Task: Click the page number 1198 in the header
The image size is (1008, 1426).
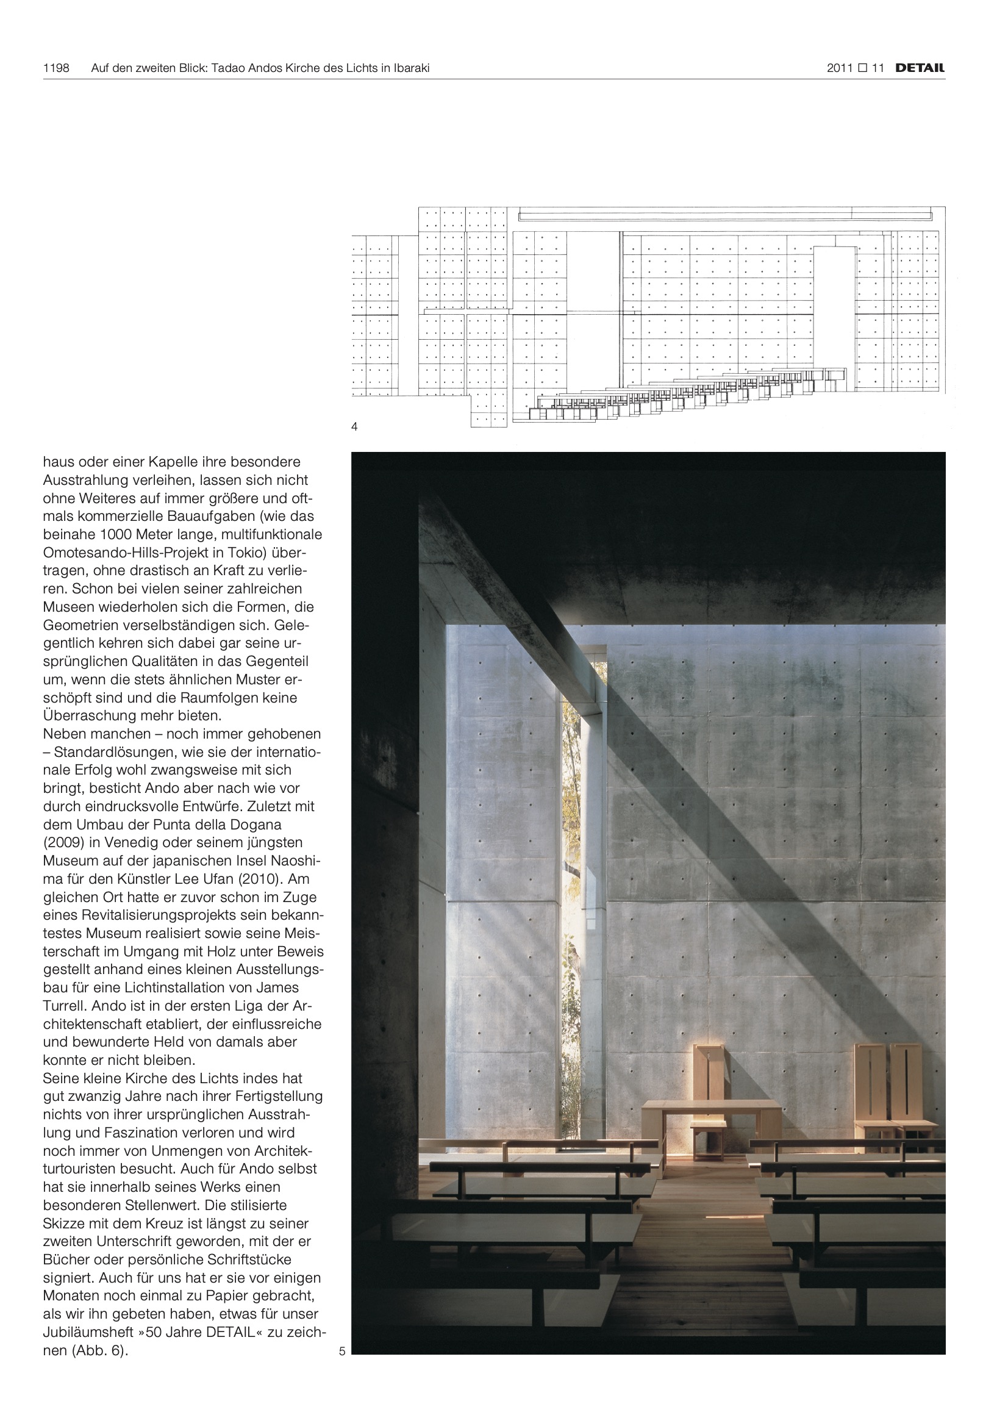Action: pos(56,68)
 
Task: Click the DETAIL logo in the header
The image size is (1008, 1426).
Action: pos(920,68)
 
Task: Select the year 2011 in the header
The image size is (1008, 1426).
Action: pos(840,68)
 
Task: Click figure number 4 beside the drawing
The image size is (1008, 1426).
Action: pos(355,427)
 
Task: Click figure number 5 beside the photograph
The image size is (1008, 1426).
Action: pos(342,1351)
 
